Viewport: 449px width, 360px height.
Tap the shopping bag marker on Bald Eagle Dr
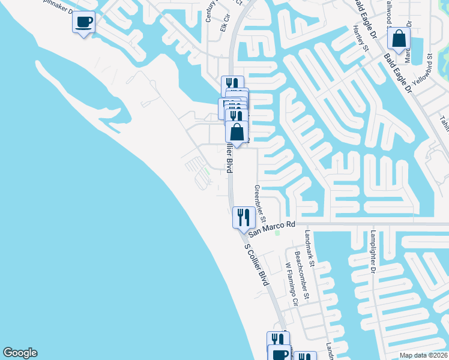pos(398,39)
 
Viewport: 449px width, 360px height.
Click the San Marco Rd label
pos(273,224)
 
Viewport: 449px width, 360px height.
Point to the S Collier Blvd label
pos(256,263)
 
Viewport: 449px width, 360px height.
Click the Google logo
pos(20,353)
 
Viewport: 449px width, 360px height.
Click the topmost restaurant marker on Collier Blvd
pos(232,84)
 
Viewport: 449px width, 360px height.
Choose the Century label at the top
pos(209,11)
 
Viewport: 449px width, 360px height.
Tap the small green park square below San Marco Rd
pos(277,234)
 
